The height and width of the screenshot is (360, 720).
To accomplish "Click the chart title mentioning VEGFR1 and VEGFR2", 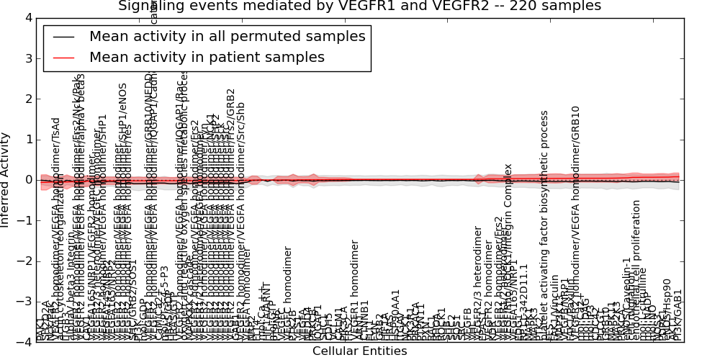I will [x=359, y=6].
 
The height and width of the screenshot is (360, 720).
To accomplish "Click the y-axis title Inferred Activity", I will [x=6, y=179].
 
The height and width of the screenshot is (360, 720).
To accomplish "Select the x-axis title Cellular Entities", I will [x=359, y=351].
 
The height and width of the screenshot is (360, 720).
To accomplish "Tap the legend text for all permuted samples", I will [x=227, y=36].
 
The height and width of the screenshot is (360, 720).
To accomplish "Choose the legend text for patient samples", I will [x=207, y=57].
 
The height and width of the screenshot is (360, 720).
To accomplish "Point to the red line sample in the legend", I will [x=63, y=57].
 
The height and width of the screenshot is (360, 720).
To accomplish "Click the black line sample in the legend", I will [x=63, y=36].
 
